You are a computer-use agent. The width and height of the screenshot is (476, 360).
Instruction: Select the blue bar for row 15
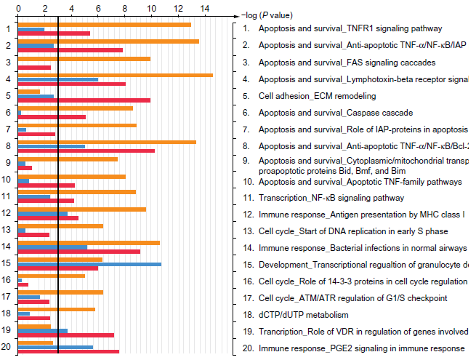pos(89,264)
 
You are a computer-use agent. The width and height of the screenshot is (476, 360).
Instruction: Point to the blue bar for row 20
pos(55,348)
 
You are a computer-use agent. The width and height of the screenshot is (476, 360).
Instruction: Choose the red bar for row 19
pos(65,335)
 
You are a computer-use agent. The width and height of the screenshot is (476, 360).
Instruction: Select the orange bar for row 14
pos(89,243)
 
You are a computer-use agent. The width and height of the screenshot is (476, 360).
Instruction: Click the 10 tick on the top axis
pos(151,15)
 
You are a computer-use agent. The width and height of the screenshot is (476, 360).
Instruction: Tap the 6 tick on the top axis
pos(98,15)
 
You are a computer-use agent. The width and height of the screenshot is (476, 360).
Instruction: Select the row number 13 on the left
pos(6,229)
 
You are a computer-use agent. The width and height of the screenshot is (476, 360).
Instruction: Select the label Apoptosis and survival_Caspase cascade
pos(335,113)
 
